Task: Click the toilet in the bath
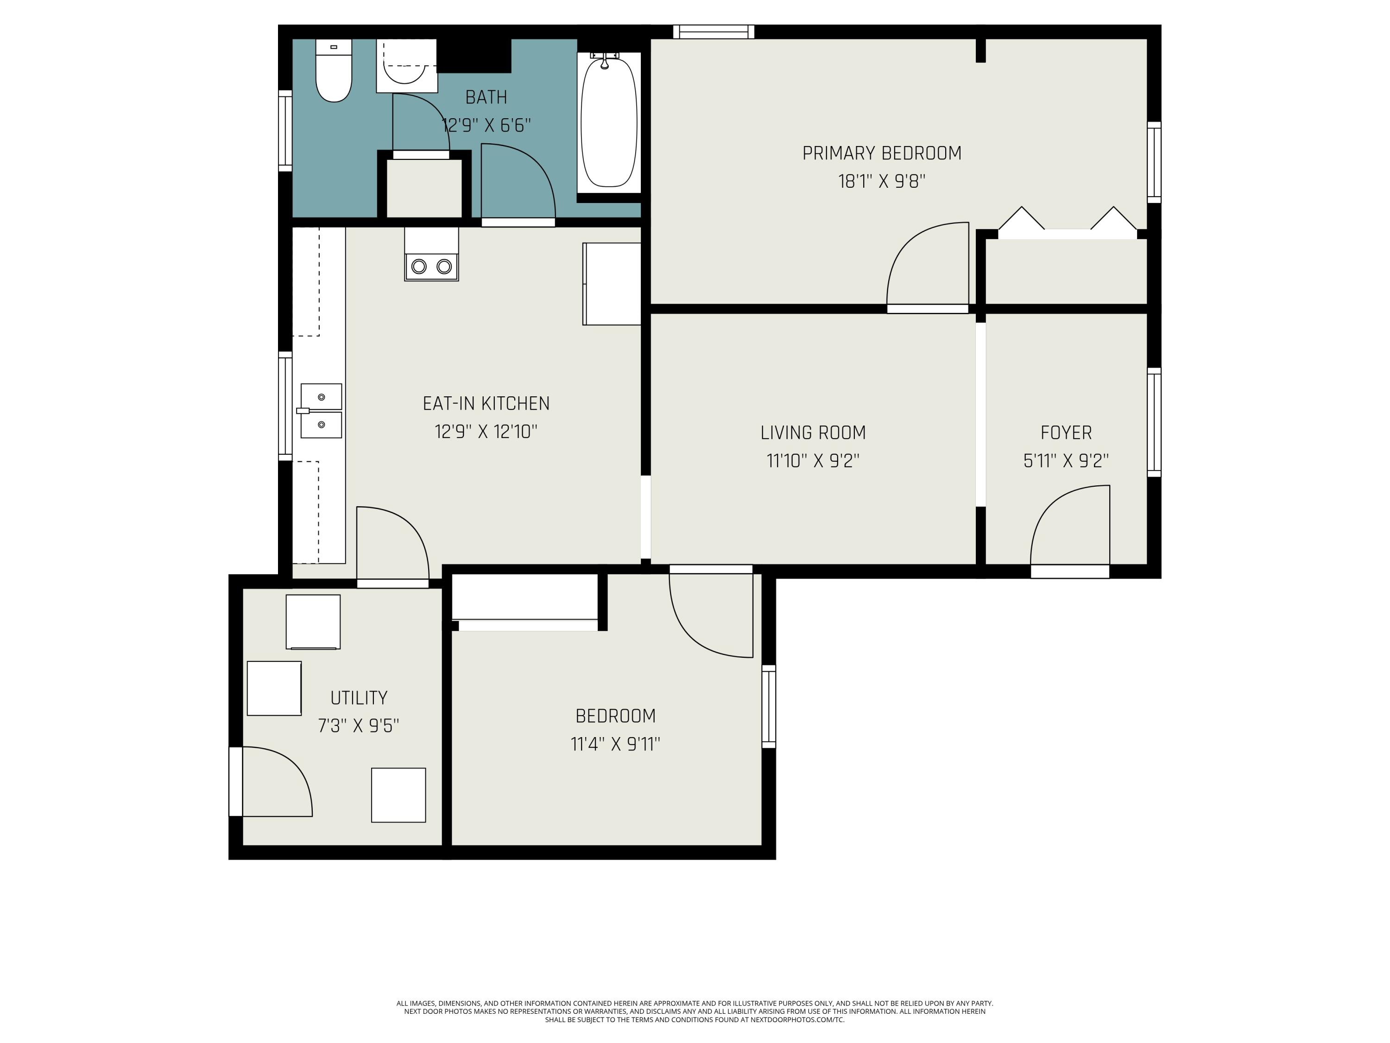tap(333, 72)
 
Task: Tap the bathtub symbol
tap(608, 122)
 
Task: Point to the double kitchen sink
tap(321, 411)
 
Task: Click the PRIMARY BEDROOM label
tap(882, 153)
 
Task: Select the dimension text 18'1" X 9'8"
tap(882, 182)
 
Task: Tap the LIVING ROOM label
tap(813, 432)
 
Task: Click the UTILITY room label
tap(358, 698)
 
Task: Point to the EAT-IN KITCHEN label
tap(486, 404)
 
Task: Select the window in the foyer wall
tap(1154, 422)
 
